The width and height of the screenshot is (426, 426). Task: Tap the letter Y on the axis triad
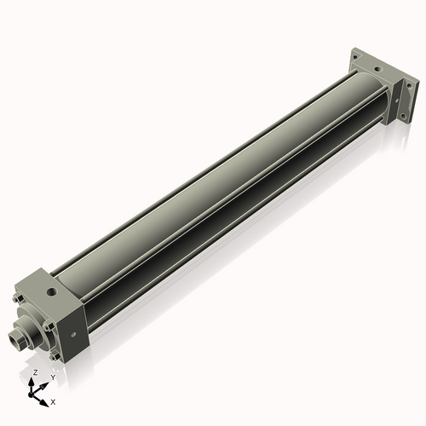coord(53,377)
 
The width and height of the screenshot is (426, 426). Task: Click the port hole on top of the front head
coord(54,291)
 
